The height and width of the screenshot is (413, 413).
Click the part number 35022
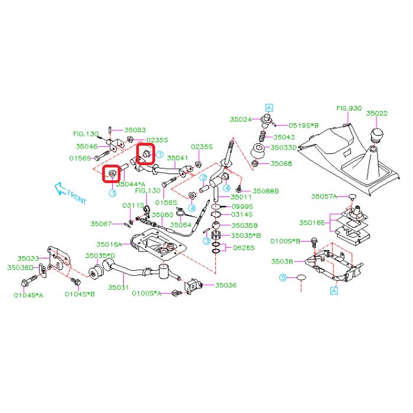tap(377, 113)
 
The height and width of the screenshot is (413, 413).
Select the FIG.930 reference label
tap(348, 109)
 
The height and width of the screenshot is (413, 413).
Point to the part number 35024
tap(240, 119)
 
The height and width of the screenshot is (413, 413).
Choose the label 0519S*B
tap(303, 126)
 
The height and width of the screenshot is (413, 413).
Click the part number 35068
tap(280, 163)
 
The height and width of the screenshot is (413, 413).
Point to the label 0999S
tap(242, 206)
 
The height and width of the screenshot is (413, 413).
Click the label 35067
tap(101, 224)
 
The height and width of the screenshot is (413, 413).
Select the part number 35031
tap(119, 287)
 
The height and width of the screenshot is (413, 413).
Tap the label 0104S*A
tap(29, 294)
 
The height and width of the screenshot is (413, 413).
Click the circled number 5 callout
tap(283, 277)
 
